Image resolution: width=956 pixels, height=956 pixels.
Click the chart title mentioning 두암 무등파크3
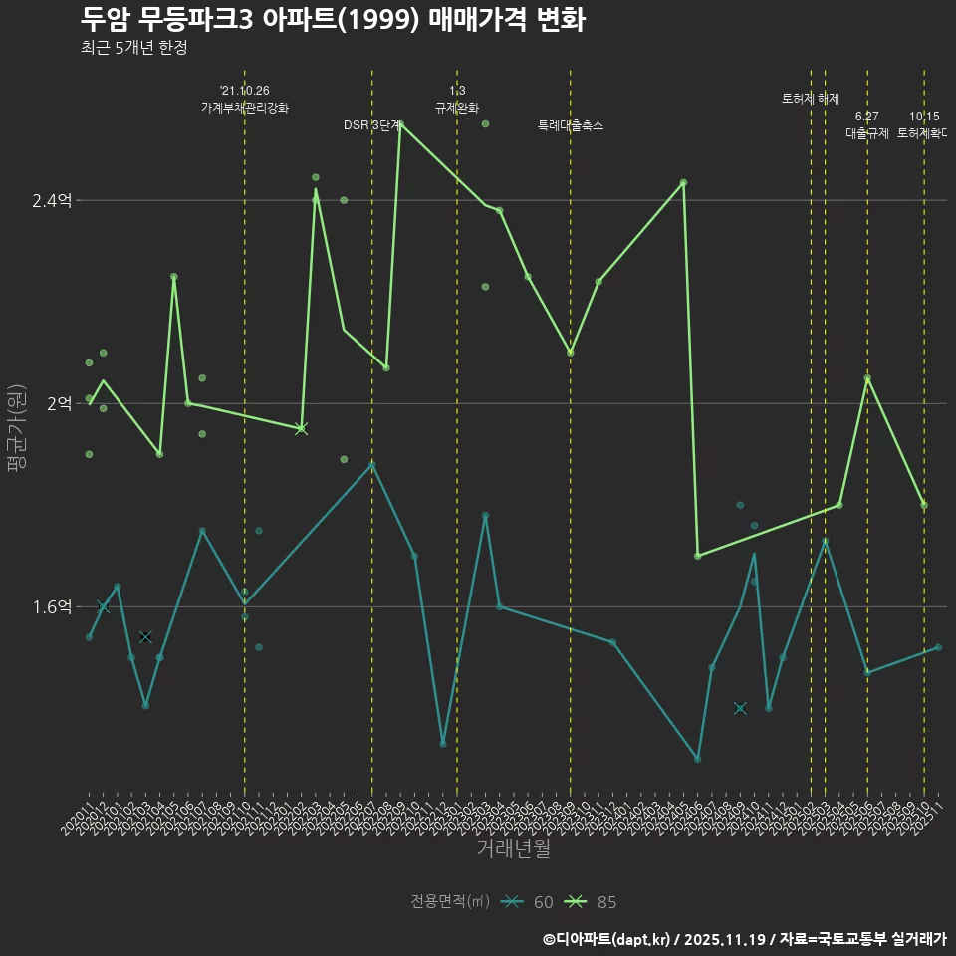coord(333,20)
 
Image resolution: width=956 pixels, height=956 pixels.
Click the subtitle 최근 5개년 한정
coord(133,48)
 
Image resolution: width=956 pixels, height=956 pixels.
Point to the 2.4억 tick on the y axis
coord(52,201)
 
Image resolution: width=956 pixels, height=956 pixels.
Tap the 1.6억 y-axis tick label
coord(52,607)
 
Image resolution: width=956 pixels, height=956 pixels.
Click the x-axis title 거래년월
coord(513,848)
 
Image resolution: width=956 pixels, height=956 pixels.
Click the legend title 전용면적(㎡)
coord(450,902)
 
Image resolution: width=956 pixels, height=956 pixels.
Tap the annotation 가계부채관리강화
coord(245,108)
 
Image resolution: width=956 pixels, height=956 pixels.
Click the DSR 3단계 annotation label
coord(372,125)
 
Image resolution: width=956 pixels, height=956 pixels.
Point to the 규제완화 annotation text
coord(457,108)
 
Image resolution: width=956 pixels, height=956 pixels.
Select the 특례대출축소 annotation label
coord(571,125)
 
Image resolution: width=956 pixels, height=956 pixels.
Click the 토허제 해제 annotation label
coord(811,99)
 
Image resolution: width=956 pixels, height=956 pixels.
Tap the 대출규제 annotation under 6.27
coord(867,133)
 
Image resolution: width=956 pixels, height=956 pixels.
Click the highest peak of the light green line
coord(400,124)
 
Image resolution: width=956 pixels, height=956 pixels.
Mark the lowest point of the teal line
coord(697,759)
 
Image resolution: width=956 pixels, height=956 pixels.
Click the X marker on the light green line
coord(302,429)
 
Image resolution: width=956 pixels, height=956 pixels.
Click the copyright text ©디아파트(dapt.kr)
coord(607,939)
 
